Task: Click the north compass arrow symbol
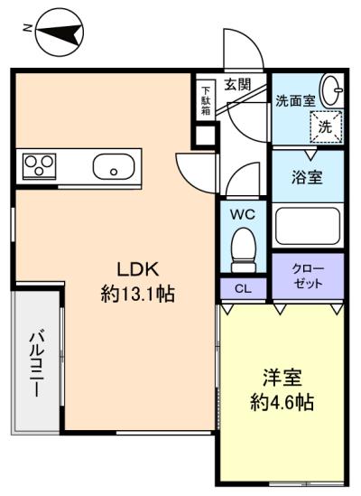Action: [x=60, y=33]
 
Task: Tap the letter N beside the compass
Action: [x=28, y=28]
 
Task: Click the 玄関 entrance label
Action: [x=237, y=84]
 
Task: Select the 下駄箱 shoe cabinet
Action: [x=206, y=100]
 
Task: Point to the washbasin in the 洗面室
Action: [x=331, y=89]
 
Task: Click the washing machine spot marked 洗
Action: [x=326, y=126]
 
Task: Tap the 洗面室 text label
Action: [x=295, y=100]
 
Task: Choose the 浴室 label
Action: [x=307, y=177]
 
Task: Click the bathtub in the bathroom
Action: [x=308, y=226]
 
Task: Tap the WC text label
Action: [x=243, y=215]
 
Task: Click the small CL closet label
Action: [x=243, y=288]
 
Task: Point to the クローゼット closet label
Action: [x=308, y=276]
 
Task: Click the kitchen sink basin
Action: [x=114, y=167]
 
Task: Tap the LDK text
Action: [x=137, y=269]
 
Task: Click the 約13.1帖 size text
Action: [x=137, y=294]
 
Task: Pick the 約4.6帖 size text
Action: [x=282, y=402]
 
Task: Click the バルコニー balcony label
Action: [x=37, y=363]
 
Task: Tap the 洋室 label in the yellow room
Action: [x=282, y=378]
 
